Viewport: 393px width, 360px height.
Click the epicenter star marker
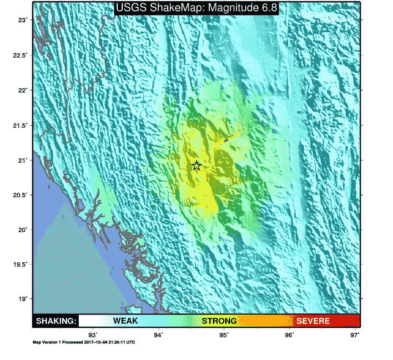click(196, 165)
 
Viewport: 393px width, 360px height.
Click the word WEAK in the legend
click(126, 321)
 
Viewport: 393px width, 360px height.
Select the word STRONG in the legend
click(219, 321)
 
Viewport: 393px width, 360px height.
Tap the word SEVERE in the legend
click(313, 321)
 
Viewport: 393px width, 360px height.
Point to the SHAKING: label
click(56, 321)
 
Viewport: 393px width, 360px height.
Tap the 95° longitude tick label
click(224, 335)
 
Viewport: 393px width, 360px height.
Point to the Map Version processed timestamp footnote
click(84, 342)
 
